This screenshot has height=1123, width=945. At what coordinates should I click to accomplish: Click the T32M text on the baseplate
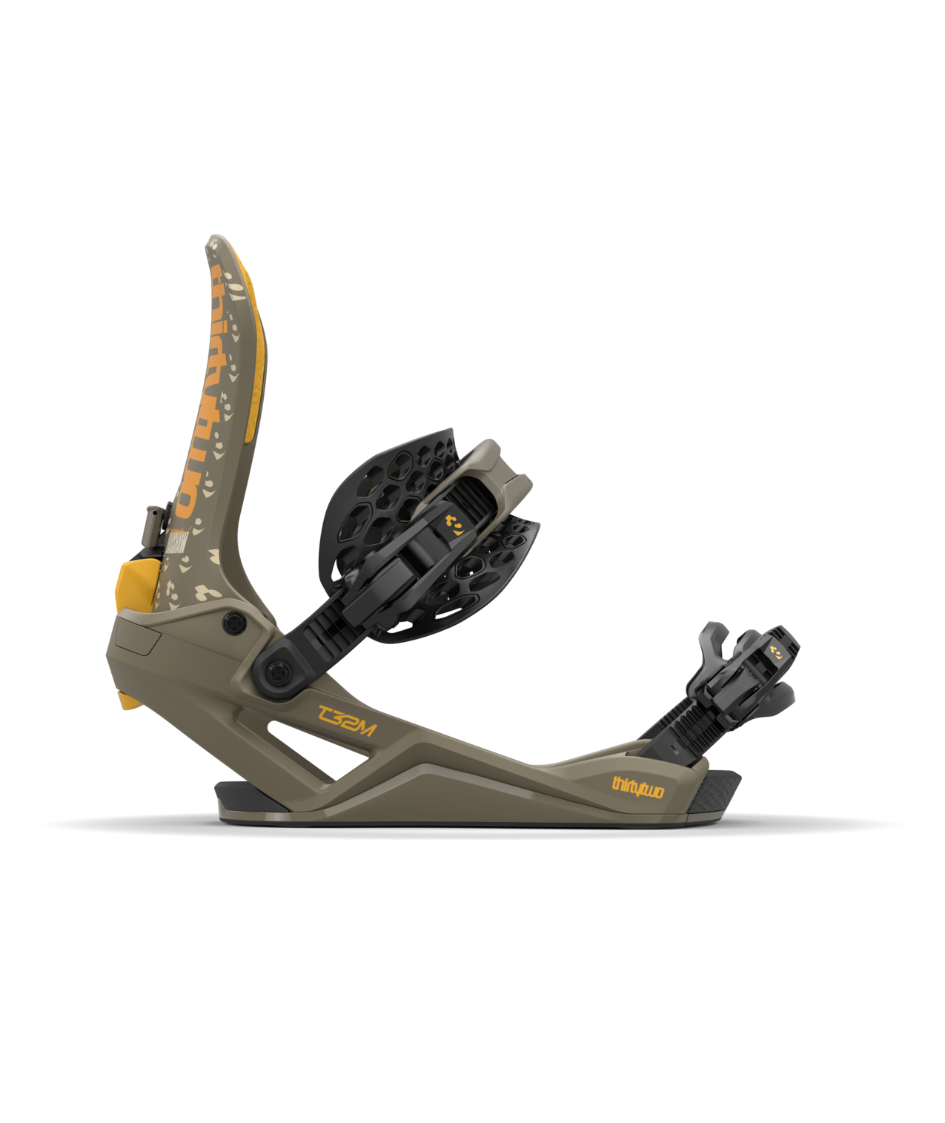347,720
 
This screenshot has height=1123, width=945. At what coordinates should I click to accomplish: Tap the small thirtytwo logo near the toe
637,786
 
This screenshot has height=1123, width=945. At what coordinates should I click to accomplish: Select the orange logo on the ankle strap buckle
454,525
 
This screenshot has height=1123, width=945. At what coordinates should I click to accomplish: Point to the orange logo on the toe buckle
776,653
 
